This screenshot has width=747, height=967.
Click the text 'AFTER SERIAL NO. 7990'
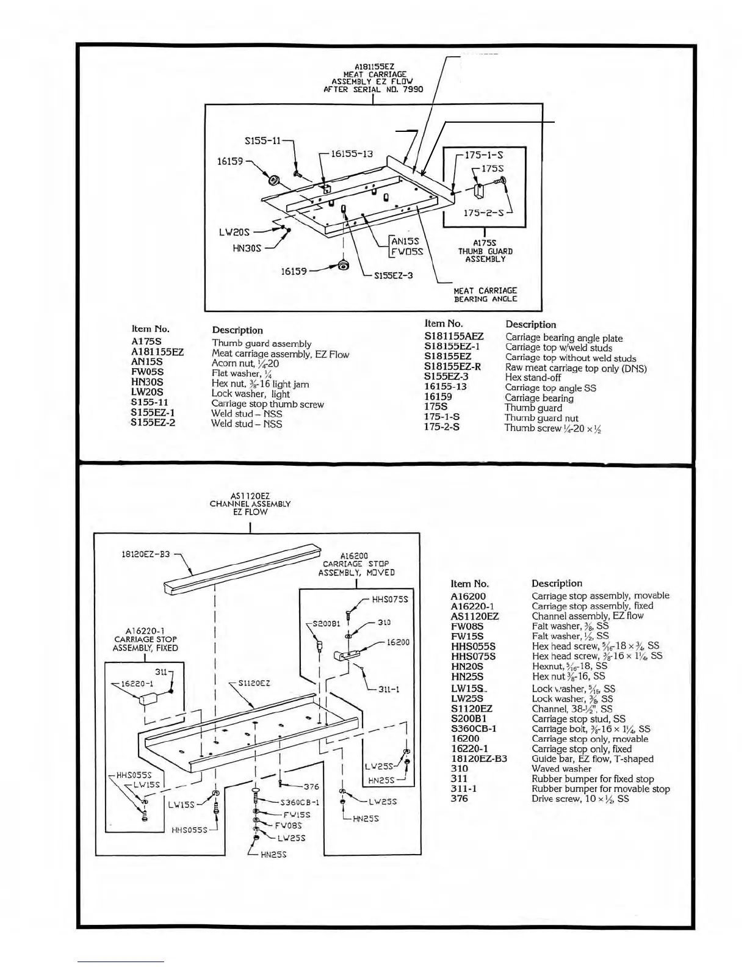[x=373, y=89]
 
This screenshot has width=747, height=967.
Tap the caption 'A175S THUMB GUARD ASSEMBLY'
[x=485, y=251]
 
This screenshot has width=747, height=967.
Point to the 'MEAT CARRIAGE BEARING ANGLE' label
[x=485, y=295]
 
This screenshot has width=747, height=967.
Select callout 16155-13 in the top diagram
[x=351, y=154]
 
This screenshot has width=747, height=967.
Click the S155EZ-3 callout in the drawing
[x=392, y=275]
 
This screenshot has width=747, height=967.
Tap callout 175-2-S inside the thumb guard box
[x=483, y=212]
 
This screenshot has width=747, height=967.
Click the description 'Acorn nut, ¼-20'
[x=245, y=363]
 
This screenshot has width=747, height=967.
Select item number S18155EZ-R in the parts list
[x=452, y=367]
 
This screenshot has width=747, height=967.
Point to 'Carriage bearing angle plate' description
[x=564, y=338]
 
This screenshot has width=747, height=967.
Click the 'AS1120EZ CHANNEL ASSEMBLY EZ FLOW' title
[x=250, y=504]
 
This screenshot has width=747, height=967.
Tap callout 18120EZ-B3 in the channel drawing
[x=145, y=554]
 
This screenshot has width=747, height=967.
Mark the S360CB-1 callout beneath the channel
[x=299, y=802]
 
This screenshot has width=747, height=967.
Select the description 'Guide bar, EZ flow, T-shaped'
[x=592, y=759]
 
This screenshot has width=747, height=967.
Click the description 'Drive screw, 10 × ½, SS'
[x=580, y=799]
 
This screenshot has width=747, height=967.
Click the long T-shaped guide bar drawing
[x=244, y=571]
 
